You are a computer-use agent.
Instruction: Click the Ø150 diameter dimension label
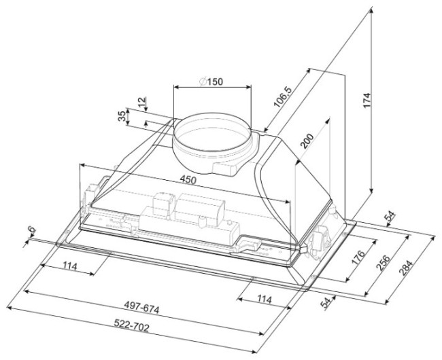click(x=211, y=82)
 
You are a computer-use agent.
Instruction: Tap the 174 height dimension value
click(x=367, y=100)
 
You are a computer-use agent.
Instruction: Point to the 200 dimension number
click(x=307, y=141)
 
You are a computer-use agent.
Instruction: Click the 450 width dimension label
click(x=188, y=179)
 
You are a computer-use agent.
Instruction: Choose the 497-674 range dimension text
click(x=142, y=307)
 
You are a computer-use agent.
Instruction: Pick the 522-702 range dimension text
click(x=132, y=325)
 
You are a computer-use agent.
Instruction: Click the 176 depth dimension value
click(x=358, y=257)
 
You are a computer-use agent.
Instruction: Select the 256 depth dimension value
click(x=383, y=262)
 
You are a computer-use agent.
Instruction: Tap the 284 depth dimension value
click(x=406, y=268)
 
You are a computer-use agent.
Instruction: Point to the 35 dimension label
click(x=122, y=116)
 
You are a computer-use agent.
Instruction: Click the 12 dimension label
click(x=143, y=102)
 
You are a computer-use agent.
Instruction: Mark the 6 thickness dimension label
click(x=33, y=230)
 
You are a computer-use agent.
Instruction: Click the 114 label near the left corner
click(x=69, y=266)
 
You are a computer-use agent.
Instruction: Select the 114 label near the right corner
click(x=264, y=299)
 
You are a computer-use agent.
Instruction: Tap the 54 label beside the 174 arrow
click(x=390, y=216)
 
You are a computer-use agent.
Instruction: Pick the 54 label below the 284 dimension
click(x=326, y=302)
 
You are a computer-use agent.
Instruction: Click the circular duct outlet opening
click(x=211, y=113)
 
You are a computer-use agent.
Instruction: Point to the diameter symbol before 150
click(x=203, y=82)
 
